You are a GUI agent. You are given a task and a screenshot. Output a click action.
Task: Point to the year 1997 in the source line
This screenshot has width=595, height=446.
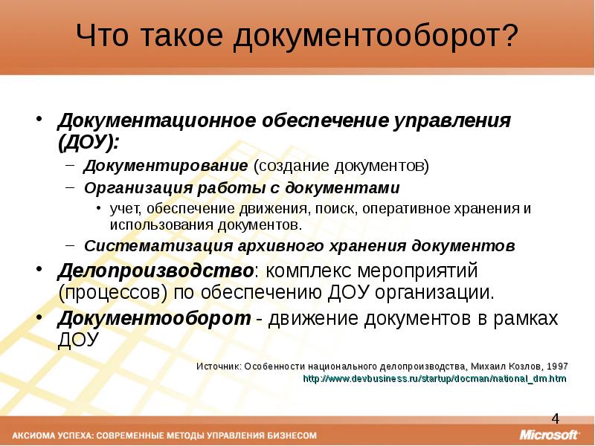pos(556,366)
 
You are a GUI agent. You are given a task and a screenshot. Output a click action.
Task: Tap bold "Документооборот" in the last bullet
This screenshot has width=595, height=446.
pos(154,318)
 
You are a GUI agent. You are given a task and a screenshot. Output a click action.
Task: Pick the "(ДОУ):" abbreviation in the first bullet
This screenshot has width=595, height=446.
pos(89,140)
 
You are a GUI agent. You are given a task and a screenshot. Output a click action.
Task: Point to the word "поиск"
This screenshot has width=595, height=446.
pos(332,208)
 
